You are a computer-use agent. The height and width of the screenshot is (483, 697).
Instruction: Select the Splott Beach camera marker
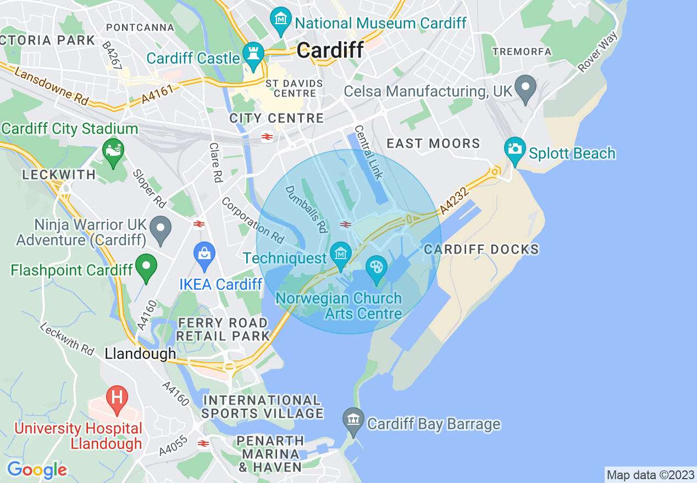(x=515, y=150)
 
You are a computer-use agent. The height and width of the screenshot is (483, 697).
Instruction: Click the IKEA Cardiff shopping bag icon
(x=204, y=256)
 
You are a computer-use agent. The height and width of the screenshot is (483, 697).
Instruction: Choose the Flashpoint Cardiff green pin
(x=146, y=267)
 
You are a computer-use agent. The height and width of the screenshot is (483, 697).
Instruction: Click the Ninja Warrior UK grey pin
(x=161, y=230)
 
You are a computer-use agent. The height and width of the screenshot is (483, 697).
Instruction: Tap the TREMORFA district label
(x=522, y=52)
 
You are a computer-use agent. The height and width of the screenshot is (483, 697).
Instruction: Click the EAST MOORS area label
(x=433, y=144)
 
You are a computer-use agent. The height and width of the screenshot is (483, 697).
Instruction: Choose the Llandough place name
(x=140, y=354)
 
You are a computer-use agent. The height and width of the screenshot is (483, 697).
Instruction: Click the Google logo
(x=37, y=470)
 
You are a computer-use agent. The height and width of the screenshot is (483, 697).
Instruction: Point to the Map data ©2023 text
(x=650, y=475)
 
